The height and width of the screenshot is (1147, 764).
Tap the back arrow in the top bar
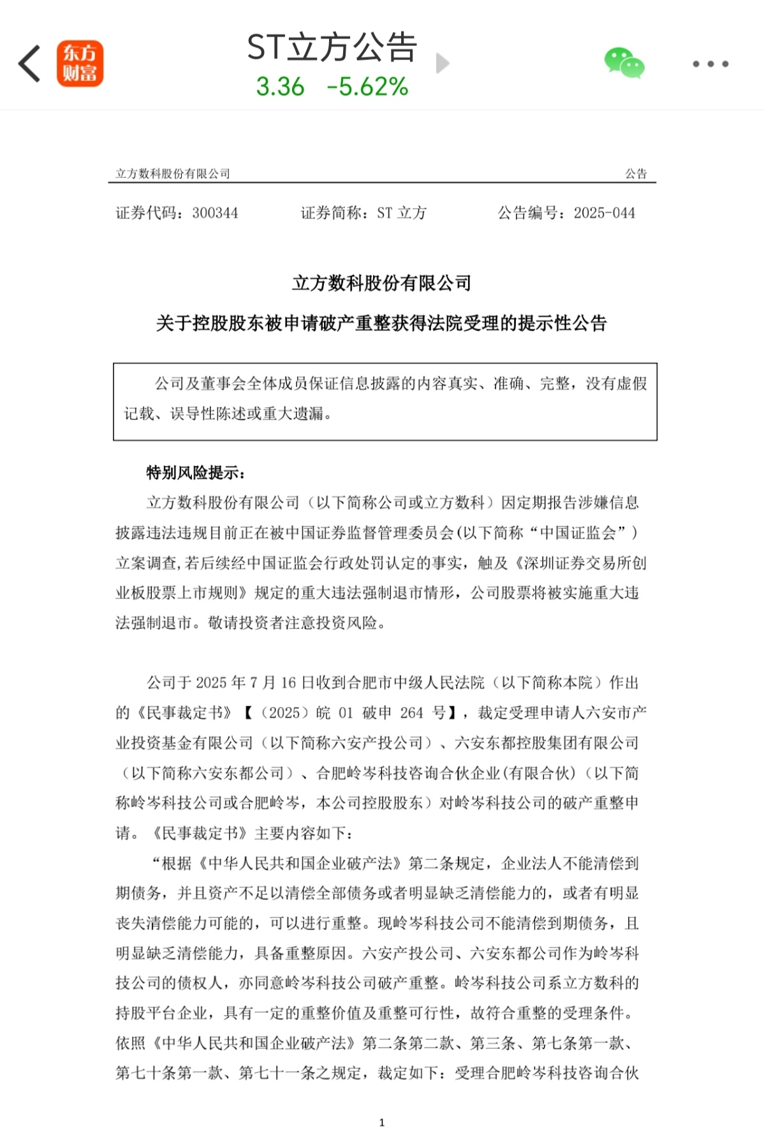pos(30,64)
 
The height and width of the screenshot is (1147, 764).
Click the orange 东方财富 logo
pos(80,64)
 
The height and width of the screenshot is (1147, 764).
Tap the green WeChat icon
pos(624,63)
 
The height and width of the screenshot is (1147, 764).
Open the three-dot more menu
pos(710,64)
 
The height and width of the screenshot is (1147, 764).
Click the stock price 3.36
pos(280,87)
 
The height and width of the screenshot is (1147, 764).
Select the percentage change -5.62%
pos(367,87)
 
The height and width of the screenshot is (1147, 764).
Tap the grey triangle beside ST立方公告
pos(442,63)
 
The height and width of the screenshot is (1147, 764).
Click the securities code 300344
pos(215,213)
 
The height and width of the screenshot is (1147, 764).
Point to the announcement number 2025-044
pos(604,213)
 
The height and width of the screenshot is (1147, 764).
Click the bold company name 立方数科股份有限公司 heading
pos(381,283)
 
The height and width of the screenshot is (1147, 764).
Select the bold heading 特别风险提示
pos(195,473)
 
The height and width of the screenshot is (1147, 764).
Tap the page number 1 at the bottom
pos(381,1123)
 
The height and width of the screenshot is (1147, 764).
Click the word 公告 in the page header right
pos(635,174)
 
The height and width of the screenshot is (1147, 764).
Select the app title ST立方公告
pos(332,47)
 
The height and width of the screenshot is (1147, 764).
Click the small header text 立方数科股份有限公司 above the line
pos(172,174)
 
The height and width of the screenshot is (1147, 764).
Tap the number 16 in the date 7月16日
pos(288,683)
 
